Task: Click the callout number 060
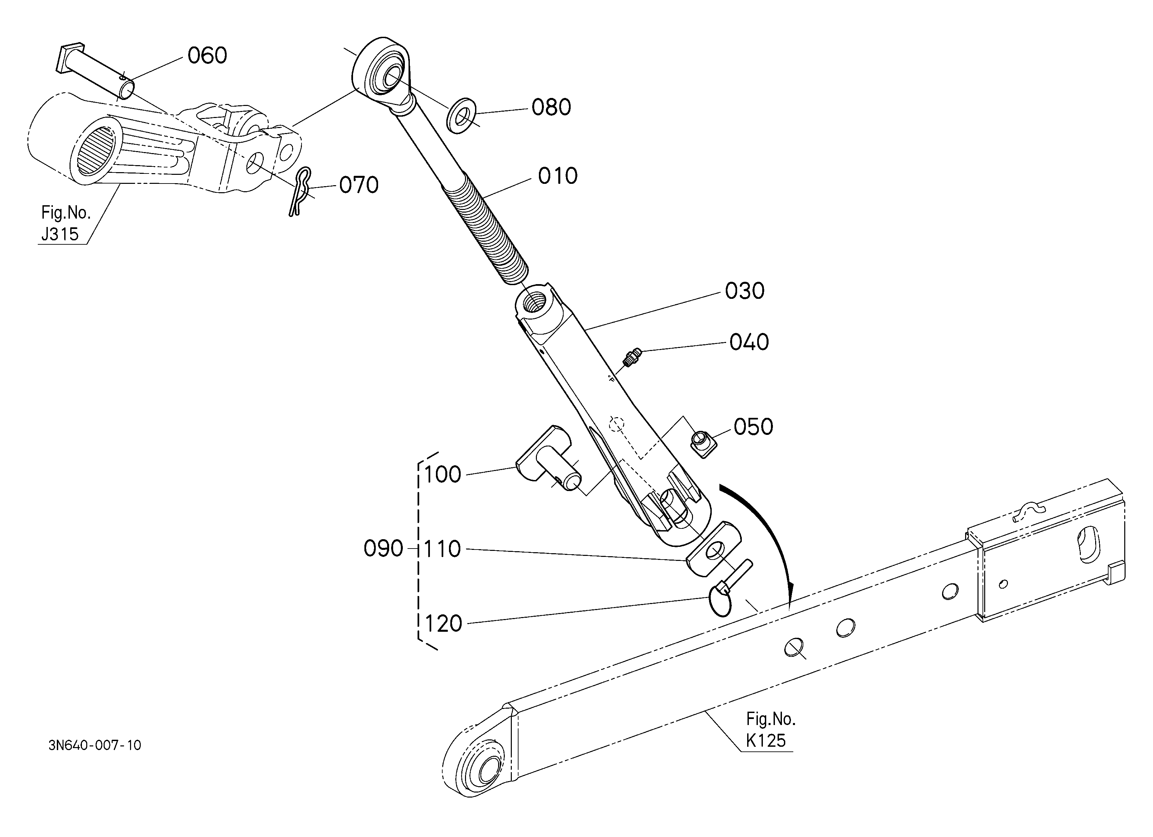pos(207,55)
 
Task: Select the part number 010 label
pos(558,176)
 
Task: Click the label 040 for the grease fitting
pos(749,342)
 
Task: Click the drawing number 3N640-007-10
pos(95,745)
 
